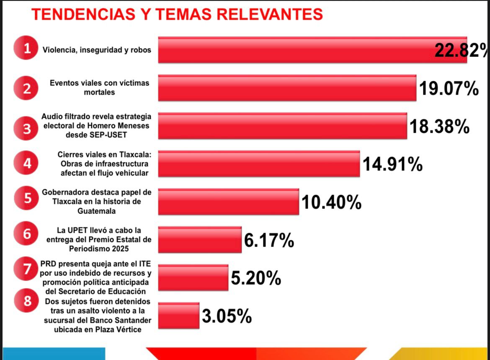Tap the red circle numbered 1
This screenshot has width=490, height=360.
(x=26, y=49)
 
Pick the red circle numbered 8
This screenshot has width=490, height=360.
(x=26, y=301)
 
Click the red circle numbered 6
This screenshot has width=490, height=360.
(x=26, y=234)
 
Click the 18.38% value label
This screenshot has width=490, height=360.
(x=439, y=126)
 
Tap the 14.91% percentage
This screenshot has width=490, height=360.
(x=392, y=165)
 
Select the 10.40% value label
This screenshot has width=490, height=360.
(x=331, y=203)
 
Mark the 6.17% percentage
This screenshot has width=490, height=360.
(x=268, y=241)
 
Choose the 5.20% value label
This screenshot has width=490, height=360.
(x=256, y=278)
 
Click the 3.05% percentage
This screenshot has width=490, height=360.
(x=227, y=316)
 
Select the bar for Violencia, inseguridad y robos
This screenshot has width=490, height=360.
(x=293, y=50)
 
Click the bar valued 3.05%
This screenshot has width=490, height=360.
(x=178, y=316)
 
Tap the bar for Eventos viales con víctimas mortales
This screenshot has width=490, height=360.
(x=287, y=88)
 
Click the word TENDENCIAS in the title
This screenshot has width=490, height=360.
(x=82, y=15)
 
